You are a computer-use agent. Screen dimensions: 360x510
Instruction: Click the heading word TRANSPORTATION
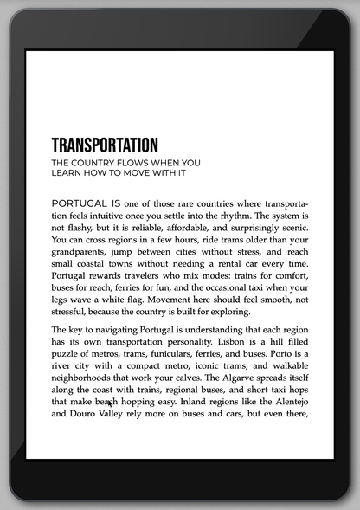tap(105, 145)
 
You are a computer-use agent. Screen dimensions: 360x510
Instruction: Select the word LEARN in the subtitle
tap(66, 172)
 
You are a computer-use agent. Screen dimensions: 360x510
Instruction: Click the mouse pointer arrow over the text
tap(109, 402)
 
